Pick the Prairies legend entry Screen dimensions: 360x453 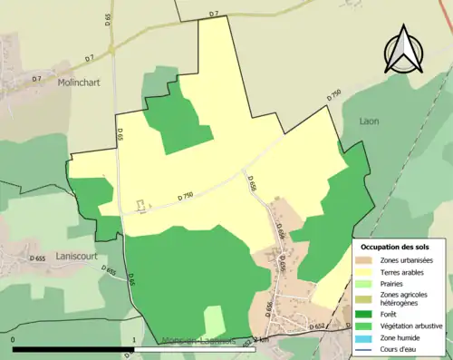(391, 283)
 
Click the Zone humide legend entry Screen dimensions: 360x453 (399, 336)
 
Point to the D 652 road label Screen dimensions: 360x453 (317, 325)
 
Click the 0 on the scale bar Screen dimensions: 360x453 (13, 340)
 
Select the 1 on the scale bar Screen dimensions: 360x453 (134, 340)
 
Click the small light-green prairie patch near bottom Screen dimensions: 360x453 (213, 319)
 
